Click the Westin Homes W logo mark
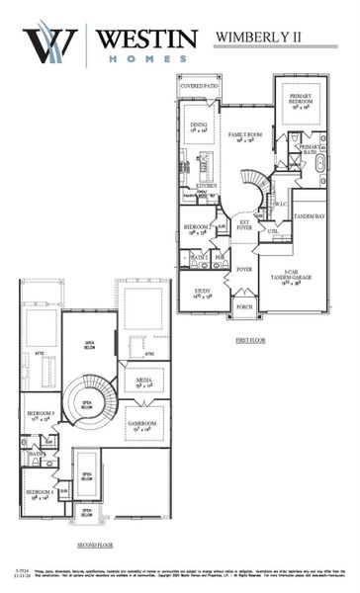[49, 44]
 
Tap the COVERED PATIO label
[199, 86]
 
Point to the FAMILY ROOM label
[243, 135]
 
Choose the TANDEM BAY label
[309, 215]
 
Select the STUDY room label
[203, 293]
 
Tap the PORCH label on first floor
[243, 308]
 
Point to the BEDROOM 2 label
[196, 228]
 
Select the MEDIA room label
[144, 382]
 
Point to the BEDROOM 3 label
[41, 414]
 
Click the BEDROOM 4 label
[39, 492]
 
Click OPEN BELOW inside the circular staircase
[88, 403]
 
